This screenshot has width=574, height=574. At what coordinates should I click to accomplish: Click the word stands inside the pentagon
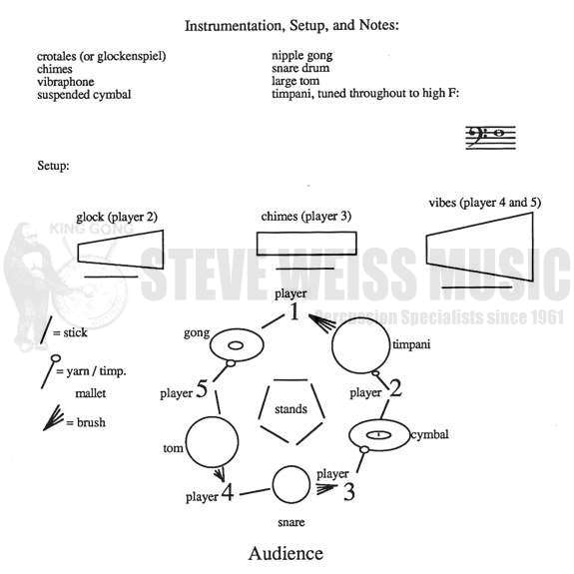pyautogui.click(x=291, y=408)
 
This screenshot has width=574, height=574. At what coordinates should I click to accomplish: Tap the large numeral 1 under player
pyautogui.click(x=294, y=311)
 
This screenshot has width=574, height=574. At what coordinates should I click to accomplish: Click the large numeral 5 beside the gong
pyautogui.click(x=202, y=388)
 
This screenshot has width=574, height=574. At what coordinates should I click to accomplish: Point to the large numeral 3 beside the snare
pyautogui.click(x=348, y=492)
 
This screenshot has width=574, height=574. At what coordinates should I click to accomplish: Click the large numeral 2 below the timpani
pyautogui.click(x=395, y=388)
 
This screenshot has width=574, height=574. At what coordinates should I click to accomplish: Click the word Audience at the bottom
pyautogui.click(x=286, y=553)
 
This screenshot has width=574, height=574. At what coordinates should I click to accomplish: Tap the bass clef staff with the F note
pyautogui.click(x=490, y=138)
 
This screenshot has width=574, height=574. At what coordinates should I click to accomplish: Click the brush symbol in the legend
pyautogui.click(x=54, y=417)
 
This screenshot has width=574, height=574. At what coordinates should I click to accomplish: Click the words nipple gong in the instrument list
pyautogui.click(x=302, y=56)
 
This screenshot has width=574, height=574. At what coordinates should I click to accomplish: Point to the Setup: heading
pyautogui.click(x=53, y=166)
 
